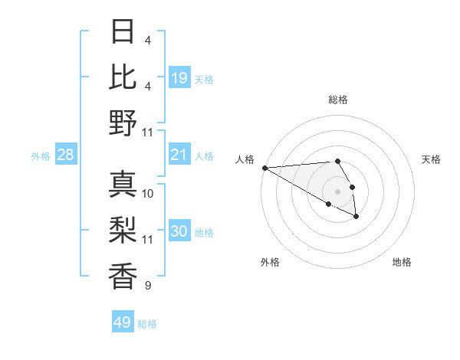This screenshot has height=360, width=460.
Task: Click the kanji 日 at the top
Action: [123, 32]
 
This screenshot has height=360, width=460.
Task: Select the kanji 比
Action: [123, 77]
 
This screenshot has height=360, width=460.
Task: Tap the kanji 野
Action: [123, 123]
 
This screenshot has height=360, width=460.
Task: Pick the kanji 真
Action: [123, 185]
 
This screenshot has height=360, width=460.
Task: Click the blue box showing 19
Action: [179, 77]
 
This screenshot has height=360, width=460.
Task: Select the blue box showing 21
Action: [179, 155]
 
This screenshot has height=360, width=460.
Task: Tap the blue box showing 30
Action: [179, 231]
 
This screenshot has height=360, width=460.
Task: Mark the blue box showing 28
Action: [66, 155]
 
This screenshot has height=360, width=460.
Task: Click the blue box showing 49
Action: [123, 322]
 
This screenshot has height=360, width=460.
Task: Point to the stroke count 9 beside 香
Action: [147, 286]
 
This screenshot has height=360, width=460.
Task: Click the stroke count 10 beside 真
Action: [148, 194]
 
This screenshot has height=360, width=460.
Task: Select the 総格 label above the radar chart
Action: [338, 100]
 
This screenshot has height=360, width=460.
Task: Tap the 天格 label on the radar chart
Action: [431, 159]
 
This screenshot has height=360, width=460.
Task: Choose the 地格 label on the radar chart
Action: [402, 262]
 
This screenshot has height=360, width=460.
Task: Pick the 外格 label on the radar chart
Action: [269, 262]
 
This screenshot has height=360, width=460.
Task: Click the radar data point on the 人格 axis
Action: [264, 168]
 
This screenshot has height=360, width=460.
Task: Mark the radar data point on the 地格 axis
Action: [356, 217]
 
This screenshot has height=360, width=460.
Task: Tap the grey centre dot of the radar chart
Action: [337, 191]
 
